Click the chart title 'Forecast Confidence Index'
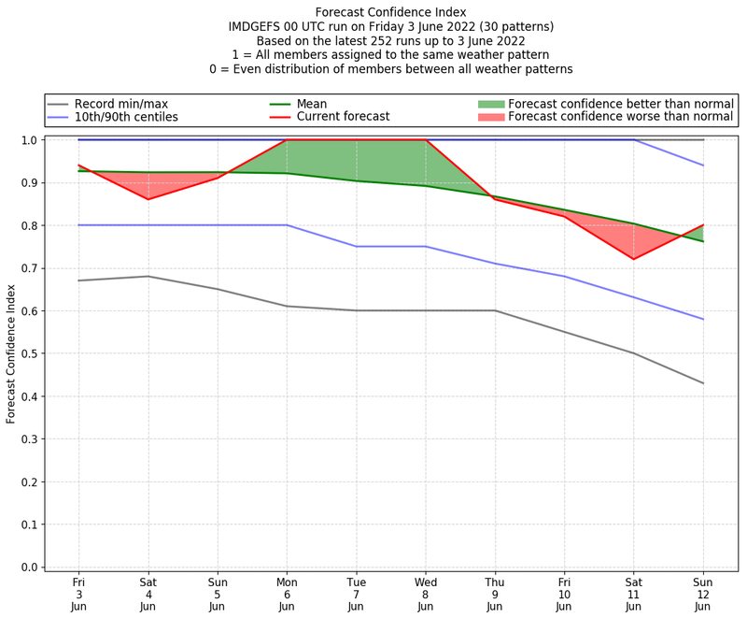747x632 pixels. pos(391,11)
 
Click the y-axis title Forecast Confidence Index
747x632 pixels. pos(11,353)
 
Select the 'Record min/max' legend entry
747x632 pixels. pos(120,103)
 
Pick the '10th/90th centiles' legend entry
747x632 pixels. pos(125,117)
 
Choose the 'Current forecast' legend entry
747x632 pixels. pos(343,117)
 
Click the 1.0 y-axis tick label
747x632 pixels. pos(29,140)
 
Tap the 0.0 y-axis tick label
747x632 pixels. pos(29,567)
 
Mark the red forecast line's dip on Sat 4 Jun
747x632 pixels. pos(148,199)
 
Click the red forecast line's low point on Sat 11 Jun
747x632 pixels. pos(633,259)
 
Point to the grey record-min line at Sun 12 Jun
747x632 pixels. pos(702,383)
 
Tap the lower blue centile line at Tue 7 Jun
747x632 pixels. pos(356,246)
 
